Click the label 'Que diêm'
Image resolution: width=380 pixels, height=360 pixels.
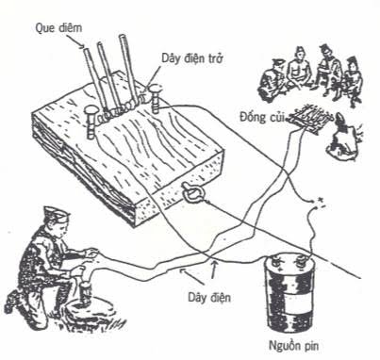tap(58, 28)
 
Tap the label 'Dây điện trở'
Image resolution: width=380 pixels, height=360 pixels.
tap(192, 58)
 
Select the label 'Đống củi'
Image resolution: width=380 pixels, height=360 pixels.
tap(262, 117)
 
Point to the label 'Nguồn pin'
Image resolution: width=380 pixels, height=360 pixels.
tap(293, 346)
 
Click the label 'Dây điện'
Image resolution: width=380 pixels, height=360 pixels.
tap(209, 297)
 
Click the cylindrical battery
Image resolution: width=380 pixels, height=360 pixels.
tap(289, 294)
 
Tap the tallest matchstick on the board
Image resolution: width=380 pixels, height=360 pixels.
tap(127, 68)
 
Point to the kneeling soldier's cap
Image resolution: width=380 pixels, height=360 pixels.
tap(56, 212)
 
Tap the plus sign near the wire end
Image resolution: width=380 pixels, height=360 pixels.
tap(321, 199)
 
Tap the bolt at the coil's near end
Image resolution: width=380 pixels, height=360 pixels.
tap(91, 122)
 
